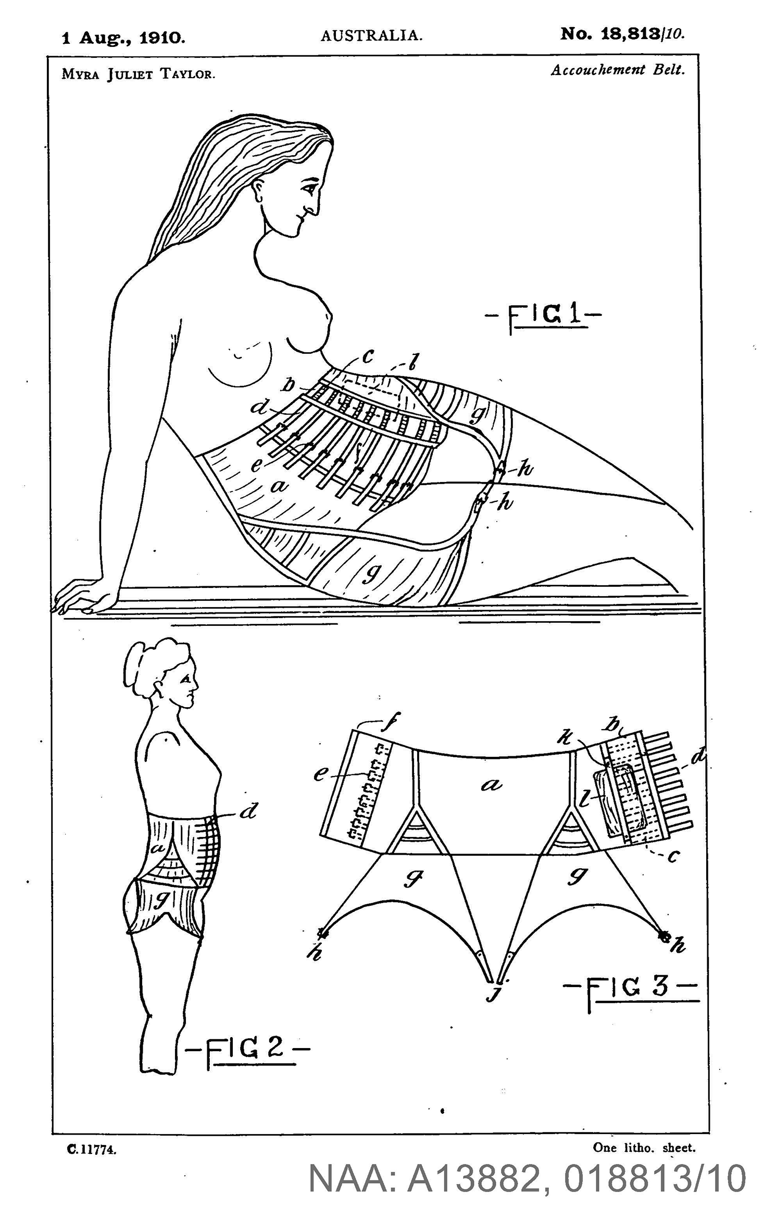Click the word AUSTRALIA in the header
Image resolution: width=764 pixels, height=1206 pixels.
point(371,36)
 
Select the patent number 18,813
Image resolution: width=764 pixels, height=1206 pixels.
point(631,34)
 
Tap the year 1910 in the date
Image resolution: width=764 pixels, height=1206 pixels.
point(162,38)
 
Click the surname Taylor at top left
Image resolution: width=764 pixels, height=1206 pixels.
point(187,74)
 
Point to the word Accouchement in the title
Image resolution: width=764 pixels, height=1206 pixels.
point(598,70)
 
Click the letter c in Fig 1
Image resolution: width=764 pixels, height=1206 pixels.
point(368,357)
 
